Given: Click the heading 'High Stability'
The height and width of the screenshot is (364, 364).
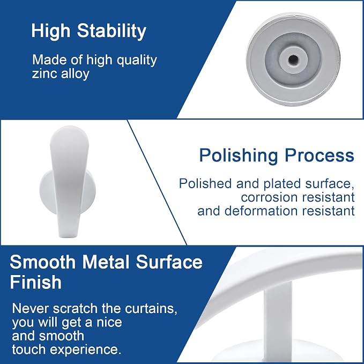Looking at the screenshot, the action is click(88, 31).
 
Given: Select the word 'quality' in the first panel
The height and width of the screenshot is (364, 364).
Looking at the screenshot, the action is click(137, 61).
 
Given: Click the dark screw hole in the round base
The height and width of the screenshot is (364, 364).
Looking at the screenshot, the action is click(293, 60).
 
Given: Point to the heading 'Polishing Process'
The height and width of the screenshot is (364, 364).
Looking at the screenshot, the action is click(277, 155).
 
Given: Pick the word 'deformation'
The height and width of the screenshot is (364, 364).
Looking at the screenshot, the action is click(261, 211).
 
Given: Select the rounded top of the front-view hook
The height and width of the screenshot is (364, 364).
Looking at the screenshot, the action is click(70, 133).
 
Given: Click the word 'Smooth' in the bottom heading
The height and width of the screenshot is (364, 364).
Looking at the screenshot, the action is click(43, 262).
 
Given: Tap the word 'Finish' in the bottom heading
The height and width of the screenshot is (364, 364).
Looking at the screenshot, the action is click(35, 283).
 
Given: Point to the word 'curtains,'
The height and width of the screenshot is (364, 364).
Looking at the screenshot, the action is click(151, 309).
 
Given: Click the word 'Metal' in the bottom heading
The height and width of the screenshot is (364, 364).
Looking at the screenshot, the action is click(106, 262).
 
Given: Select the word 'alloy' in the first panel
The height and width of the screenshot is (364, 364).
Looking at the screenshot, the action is click(75, 75).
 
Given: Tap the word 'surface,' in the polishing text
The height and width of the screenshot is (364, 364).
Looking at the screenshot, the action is click(330, 184).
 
